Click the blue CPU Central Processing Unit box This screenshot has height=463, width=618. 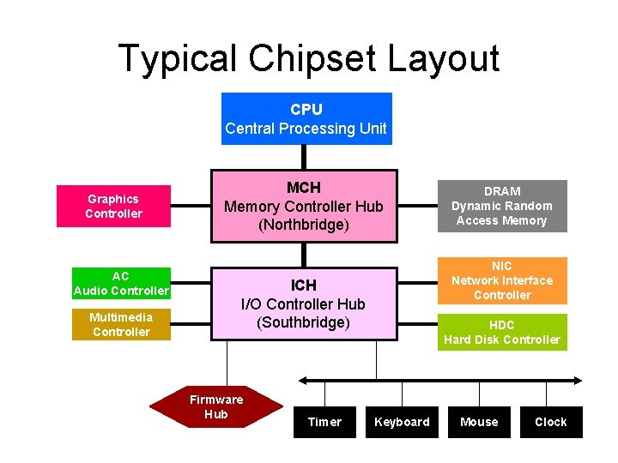(x=306, y=118)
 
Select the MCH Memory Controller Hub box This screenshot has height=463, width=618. (x=304, y=206)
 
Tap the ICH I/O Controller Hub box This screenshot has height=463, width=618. (x=303, y=304)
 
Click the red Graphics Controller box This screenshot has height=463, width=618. (x=113, y=206)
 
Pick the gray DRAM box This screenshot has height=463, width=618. (x=502, y=206)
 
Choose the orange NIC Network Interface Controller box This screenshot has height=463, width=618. (x=502, y=280)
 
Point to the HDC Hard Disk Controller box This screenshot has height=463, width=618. (x=502, y=332)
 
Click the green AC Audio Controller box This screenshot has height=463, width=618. (x=121, y=283)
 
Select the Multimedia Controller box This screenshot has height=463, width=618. (x=121, y=324)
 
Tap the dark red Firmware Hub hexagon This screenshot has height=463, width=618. (x=215, y=407)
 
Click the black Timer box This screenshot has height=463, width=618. (x=324, y=422)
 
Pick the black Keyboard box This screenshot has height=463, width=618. (x=402, y=422)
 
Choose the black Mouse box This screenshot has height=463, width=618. (x=479, y=422)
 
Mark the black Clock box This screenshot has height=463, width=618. (x=551, y=422)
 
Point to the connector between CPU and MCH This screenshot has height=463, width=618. (x=304, y=157)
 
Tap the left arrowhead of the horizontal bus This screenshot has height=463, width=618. (x=302, y=380)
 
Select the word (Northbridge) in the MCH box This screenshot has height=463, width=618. (x=304, y=225)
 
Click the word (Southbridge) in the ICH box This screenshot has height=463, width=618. (x=303, y=323)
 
